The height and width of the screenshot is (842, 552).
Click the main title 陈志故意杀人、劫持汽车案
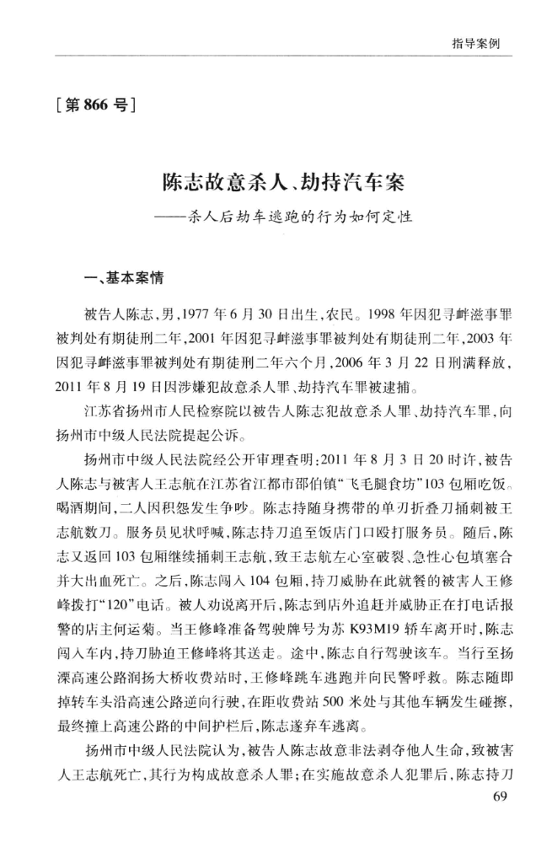(x=276, y=183)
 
